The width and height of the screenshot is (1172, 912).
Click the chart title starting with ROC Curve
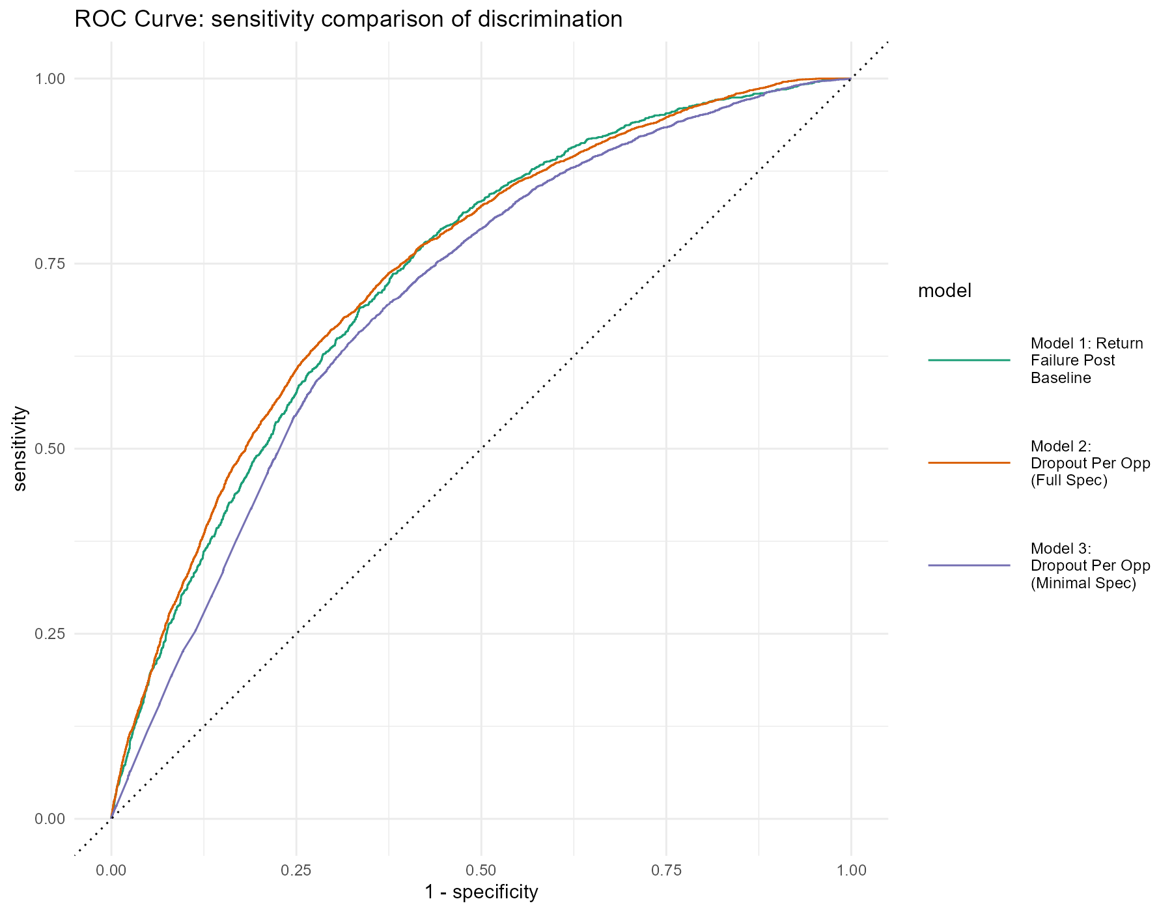tap(348, 20)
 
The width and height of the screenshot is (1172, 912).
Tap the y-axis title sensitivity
tap(20, 448)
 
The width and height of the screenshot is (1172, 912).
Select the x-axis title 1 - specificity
tap(481, 892)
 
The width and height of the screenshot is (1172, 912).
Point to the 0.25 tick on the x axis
tap(296, 870)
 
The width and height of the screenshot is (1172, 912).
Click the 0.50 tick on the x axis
tap(481, 870)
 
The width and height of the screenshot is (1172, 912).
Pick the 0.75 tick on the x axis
tap(666, 870)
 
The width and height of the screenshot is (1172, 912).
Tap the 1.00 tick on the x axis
tap(851, 870)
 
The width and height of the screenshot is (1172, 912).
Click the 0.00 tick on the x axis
tap(111, 870)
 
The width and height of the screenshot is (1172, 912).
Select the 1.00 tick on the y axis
tap(50, 79)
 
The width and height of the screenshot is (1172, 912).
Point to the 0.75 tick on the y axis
tap(50, 264)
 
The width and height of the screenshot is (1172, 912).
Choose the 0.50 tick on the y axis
tap(50, 449)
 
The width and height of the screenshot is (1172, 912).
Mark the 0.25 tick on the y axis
tap(50, 634)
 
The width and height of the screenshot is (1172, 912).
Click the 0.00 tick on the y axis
tap(50, 819)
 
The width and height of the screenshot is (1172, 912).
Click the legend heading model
tap(944, 291)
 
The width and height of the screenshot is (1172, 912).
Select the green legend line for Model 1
tap(969, 360)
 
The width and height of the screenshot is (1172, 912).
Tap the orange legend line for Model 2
tap(969, 463)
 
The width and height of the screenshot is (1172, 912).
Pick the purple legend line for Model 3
tap(969, 565)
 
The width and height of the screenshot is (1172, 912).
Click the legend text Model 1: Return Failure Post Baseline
tap(1086, 360)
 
